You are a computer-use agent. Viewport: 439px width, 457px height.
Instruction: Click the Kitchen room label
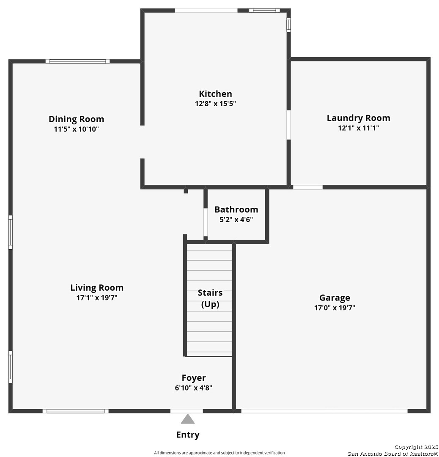pyautogui.click(x=215, y=94)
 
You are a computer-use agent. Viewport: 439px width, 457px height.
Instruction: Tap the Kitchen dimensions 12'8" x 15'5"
pyautogui.click(x=215, y=104)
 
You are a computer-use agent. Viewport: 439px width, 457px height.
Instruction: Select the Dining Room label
pyautogui.click(x=76, y=119)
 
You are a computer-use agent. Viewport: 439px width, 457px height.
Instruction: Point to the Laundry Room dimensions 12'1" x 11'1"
pyautogui.click(x=358, y=128)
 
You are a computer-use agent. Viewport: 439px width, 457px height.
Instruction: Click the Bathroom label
pyautogui.click(x=236, y=209)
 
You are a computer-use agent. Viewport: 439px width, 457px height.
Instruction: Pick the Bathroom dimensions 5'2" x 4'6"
pyautogui.click(x=236, y=220)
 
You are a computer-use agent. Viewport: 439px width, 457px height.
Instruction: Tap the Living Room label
pyautogui.click(x=97, y=288)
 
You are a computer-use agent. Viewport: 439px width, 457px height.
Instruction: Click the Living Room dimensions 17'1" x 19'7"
pyautogui.click(x=97, y=297)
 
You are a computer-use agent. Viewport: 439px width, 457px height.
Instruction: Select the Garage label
pyautogui.click(x=335, y=298)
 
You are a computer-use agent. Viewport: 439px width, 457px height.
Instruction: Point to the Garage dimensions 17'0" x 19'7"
pyautogui.click(x=335, y=308)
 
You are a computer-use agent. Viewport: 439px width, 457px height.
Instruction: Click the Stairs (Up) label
pyautogui.click(x=210, y=298)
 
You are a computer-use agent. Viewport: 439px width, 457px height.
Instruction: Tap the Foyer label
pyautogui.click(x=194, y=378)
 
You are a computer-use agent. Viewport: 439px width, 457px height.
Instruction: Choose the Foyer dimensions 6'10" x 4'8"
pyautogui.click(x=194, y=388)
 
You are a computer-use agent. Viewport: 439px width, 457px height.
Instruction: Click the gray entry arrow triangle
pyautogui.click(x=188, y=419)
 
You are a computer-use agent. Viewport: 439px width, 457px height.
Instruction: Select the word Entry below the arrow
pyautogui.click(x=188, y=435)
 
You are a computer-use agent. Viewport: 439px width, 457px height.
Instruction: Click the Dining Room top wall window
pyautogui.click(x=77, y=61)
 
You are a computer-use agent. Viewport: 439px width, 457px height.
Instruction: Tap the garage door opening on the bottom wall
pyautogui.click(x=324, y=411)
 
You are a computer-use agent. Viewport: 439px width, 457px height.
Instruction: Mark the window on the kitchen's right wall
pyautogui.click(x=289, y=25)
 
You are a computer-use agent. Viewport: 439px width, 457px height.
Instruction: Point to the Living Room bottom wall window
pyautogui.click(x=75, y=411)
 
